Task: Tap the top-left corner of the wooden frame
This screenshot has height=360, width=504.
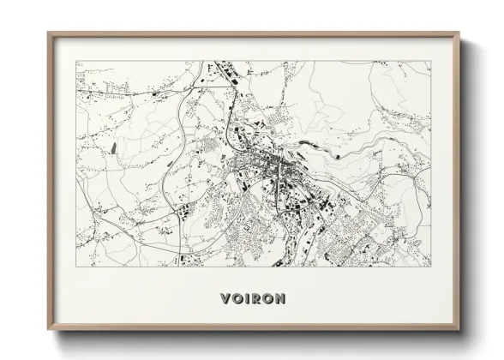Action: (49, 33)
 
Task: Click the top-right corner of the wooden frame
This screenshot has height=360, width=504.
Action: (460, 33)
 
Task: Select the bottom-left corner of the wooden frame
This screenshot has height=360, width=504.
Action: (49, 328)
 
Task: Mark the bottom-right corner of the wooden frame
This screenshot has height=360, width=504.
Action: (460, 328)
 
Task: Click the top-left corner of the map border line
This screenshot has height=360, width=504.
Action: (76, 61)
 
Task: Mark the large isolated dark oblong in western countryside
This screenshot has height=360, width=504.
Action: (112, 147)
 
